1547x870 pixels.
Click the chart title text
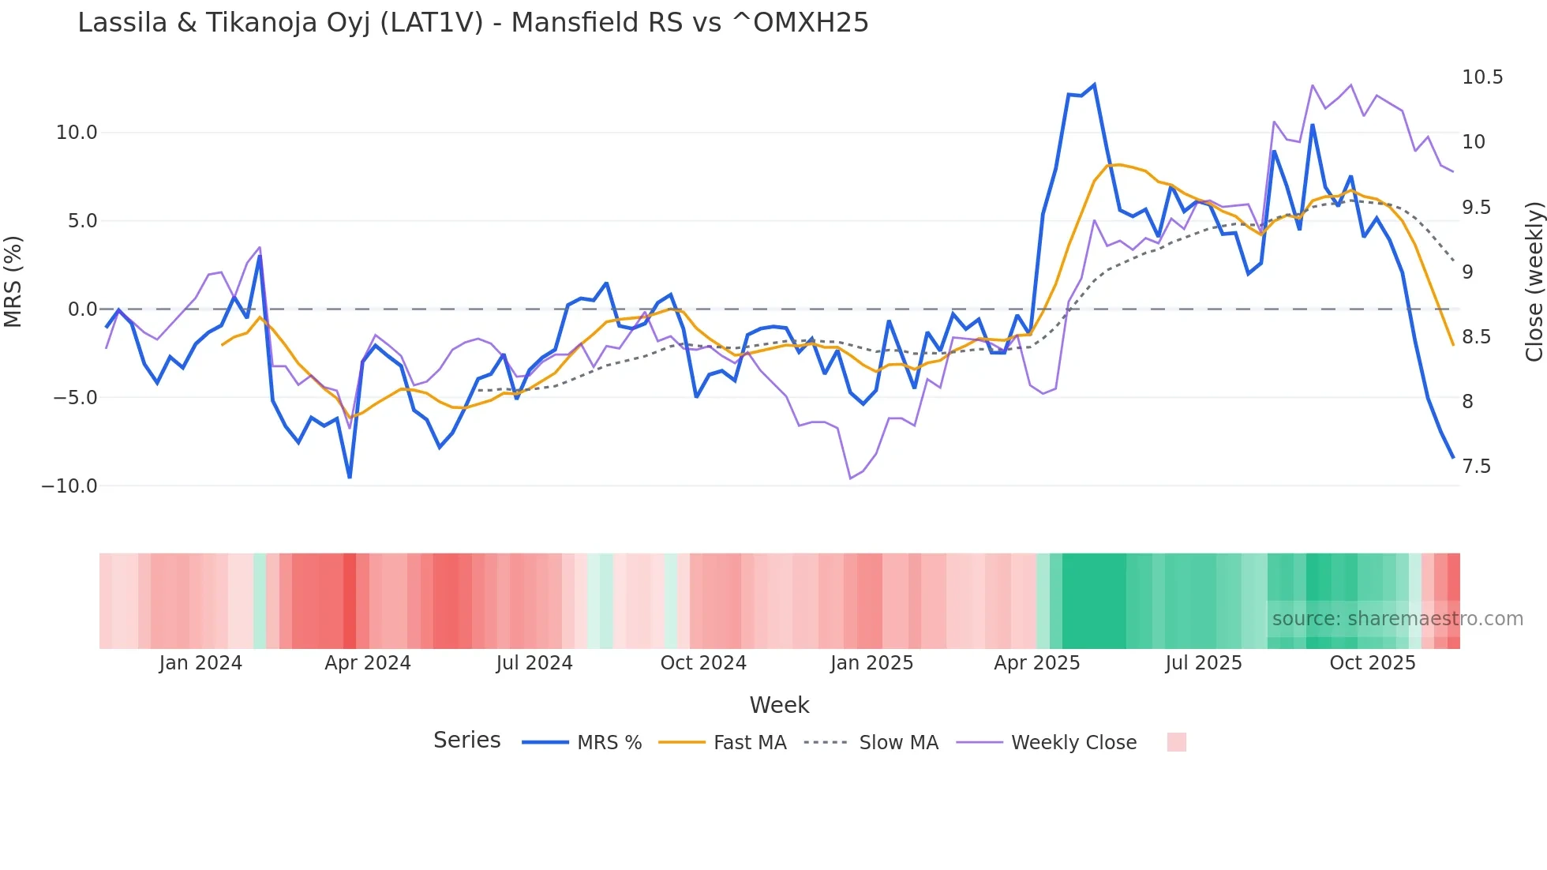tap(473, 23)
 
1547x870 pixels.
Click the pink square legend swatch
tap(1176, 742)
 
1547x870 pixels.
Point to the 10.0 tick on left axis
tap(77, 133)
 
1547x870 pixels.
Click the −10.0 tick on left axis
tap(70, 486)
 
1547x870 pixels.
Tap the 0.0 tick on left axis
tap(82, 309)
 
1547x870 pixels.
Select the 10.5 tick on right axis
tap(1482, 77)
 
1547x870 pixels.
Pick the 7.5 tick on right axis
tap(1476, 467)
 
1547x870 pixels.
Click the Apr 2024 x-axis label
tap(368, 663)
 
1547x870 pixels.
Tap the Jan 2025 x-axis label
tap(871, 663)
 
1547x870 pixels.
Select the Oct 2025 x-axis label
tap(1373, 663)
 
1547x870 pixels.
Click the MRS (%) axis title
tap(13, 282)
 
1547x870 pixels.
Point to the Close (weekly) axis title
tap(1534, 282)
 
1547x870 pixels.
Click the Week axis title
tap(779, 705)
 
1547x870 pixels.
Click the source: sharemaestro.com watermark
tap(1397, 619)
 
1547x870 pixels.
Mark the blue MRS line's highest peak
tap(1094, 84)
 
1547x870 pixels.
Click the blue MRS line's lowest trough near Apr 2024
tap(350, 477)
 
